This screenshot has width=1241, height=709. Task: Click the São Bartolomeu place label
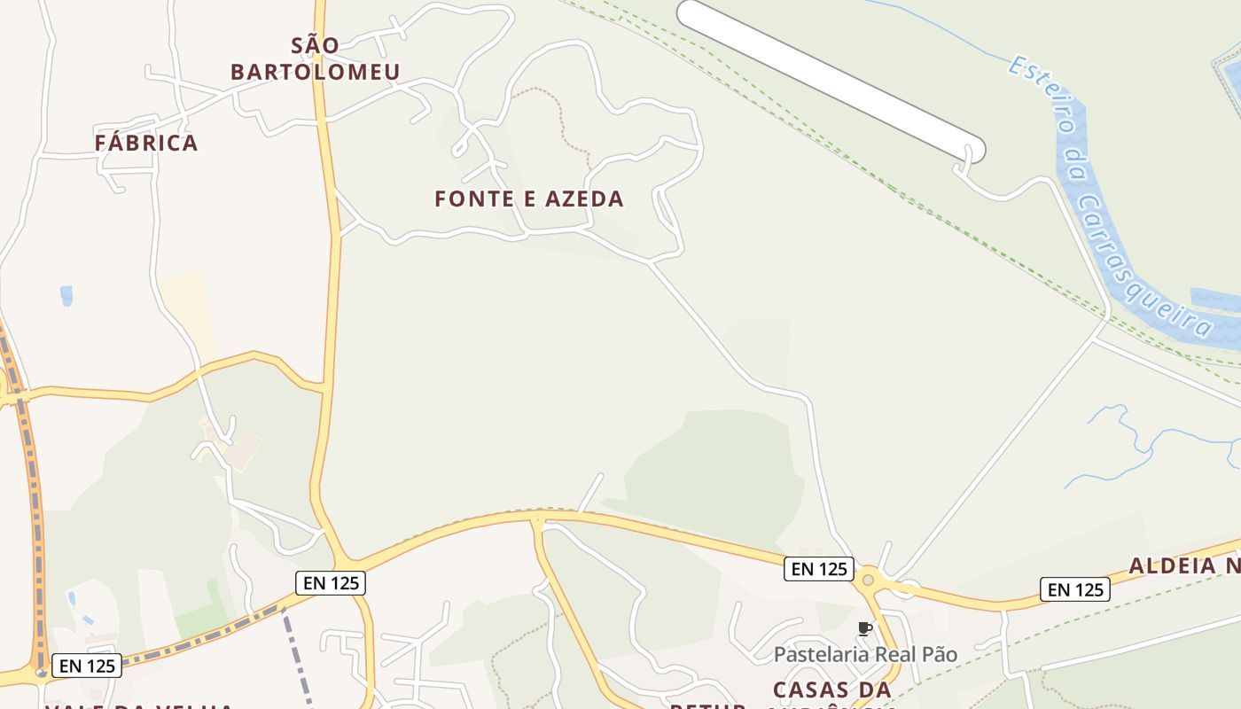315,58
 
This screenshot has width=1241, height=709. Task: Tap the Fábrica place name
146,143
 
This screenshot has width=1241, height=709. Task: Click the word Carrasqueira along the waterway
1143,266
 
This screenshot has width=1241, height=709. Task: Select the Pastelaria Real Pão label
865,655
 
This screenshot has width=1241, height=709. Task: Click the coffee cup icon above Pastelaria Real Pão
865,629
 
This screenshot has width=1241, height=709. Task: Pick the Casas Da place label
831,690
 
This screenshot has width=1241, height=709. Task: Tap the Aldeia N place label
1183,566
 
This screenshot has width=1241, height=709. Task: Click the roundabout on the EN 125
868,580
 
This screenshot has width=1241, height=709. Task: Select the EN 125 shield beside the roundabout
818,569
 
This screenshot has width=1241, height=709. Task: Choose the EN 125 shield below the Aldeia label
1074,588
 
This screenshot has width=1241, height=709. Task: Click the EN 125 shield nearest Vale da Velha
86,666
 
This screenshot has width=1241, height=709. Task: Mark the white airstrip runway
829,75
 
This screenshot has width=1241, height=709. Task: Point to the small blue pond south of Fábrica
66,296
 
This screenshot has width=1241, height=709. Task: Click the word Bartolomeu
315,72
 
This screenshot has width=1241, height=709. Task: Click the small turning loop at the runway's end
969,156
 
